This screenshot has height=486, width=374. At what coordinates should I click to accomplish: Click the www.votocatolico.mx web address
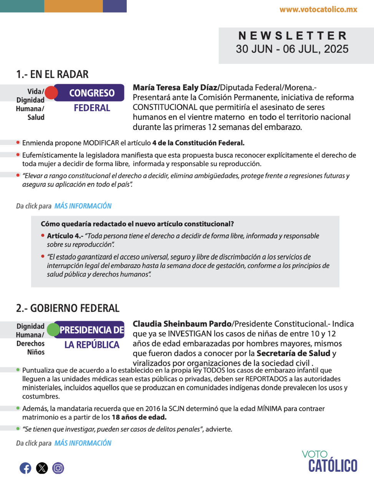click(x=318, y=10)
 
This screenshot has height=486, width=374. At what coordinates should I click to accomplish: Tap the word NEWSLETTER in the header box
click(x=293, y=36)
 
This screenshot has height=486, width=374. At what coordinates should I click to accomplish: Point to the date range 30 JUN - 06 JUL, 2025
click(x=292, y=49)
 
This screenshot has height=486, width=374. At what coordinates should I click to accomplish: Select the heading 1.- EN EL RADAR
click(x=52, y=74)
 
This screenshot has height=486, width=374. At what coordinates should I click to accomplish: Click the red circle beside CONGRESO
click(x=51, y=93)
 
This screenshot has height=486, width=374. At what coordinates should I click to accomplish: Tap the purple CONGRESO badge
click(x=92, y=93)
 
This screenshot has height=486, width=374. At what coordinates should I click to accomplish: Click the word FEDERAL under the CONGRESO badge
click(x=92, y=108)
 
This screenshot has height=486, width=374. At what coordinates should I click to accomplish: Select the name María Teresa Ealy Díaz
click(x=175, y=88)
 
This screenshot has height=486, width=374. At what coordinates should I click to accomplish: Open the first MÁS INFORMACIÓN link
click(x=83, y=206)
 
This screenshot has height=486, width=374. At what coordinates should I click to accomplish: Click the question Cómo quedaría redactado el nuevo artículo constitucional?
click(x=137, y=224)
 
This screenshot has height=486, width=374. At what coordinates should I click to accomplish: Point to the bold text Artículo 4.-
click(x=65, y=236)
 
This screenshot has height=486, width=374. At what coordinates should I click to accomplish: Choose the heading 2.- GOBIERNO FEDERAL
click(x=68, y=308)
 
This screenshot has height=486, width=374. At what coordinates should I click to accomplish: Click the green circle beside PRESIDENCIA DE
click(x=53, y=330)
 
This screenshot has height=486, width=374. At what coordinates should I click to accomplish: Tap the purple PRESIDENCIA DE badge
click(x=92, y=330)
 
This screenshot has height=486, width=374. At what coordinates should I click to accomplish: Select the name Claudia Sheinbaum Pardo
click(x=182, y=324)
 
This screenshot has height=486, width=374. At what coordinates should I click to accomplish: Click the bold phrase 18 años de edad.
click(x=139, y=417)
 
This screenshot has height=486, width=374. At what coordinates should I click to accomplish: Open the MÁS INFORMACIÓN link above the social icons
click(x=83, y=443)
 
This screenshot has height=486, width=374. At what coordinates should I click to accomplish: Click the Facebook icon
click(x=25, y=468)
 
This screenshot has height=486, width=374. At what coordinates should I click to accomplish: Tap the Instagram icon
click(x=58, y=468)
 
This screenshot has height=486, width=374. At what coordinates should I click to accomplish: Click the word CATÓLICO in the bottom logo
click(x=333, y=466)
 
